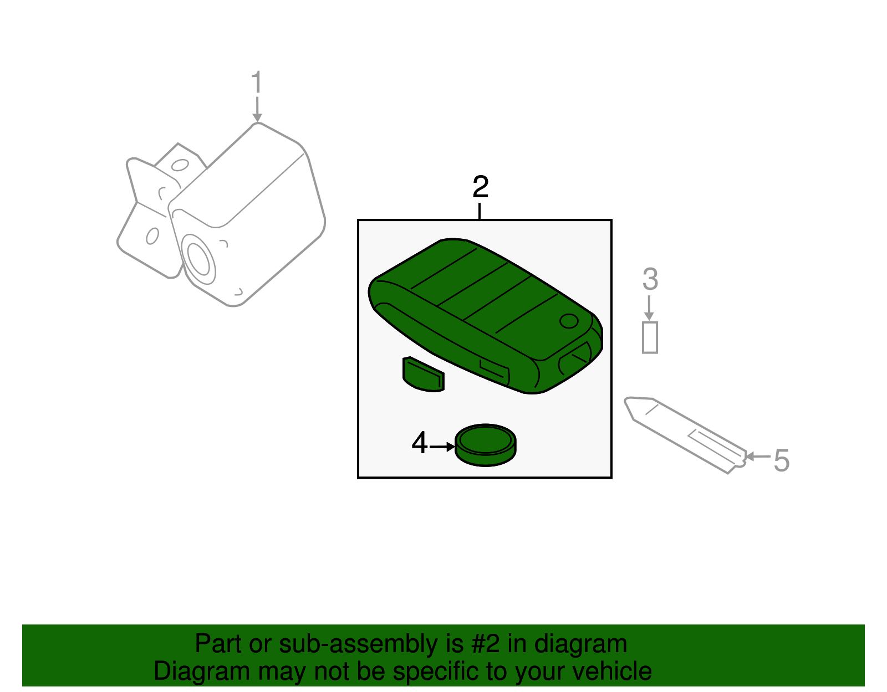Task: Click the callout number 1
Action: point(256,83)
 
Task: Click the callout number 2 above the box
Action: point(480,187)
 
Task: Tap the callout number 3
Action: point(650,279)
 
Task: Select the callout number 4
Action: point(420,443)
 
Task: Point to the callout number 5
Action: point(781,460)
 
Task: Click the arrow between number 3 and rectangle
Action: point(649,308)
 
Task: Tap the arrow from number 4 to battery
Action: point(442,446)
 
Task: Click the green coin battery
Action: point(485,445)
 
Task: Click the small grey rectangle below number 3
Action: point(650,337)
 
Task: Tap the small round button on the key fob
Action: point(569,321)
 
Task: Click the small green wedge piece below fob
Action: point(423,375)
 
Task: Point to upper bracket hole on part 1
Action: point(180,165)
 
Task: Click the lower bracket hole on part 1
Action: point(152,236)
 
